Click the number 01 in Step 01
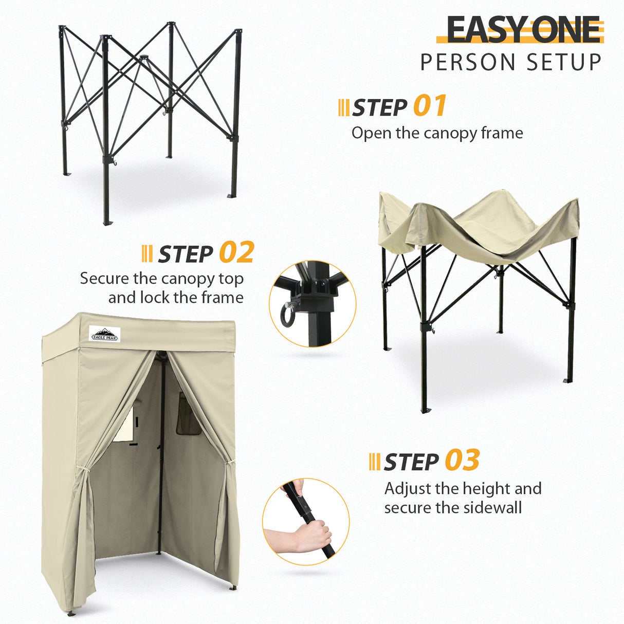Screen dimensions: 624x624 (430, 106)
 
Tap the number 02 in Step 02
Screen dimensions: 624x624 (236, 252)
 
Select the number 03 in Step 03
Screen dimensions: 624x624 (462, 460)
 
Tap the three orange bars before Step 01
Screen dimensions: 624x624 (343, 108)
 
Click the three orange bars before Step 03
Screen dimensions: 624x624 (375, 462)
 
